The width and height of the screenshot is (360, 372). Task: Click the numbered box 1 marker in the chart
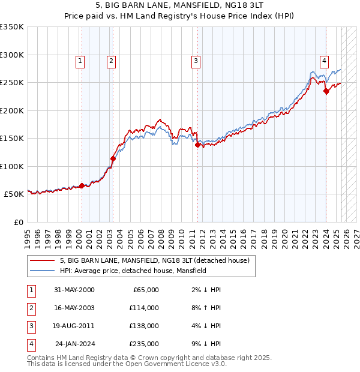coord(80,60)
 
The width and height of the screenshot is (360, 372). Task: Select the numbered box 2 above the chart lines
coord(112,60)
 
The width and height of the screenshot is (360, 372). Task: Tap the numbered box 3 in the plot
coord(196,60)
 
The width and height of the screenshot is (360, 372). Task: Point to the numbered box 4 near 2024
coord(324,60)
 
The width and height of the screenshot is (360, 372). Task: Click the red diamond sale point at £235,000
coord(326,91)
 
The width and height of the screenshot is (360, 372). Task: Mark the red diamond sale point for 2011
coord(197,145)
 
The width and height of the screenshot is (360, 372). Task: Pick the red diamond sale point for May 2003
coord(113,158)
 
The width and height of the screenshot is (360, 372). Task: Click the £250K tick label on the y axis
coord(12,83)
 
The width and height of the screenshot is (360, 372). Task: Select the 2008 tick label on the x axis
coord(162,235)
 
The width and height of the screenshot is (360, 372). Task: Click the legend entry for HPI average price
coord(133,271)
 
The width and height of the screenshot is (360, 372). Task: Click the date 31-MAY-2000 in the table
coord(74,290)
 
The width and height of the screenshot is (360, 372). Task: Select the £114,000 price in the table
coord(144,308)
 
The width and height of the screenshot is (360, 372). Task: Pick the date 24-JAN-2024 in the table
coord(74,344)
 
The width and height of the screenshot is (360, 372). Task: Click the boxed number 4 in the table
coord(31,344)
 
